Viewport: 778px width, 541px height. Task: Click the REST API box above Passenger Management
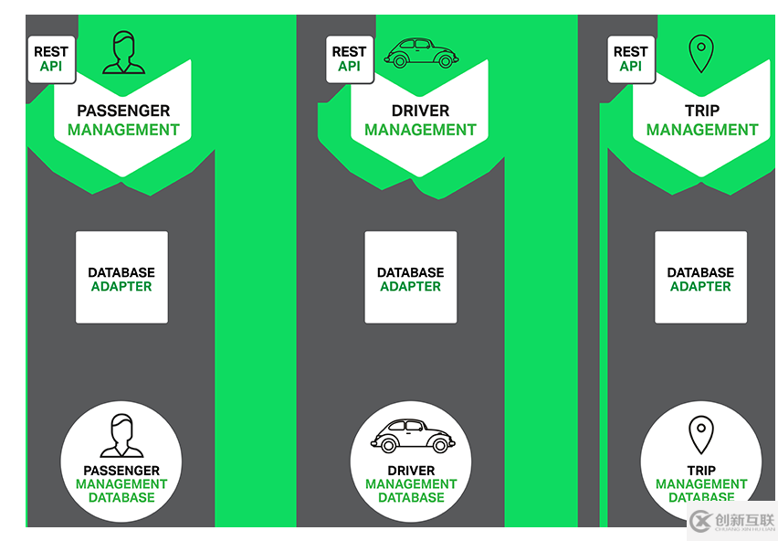[x=52, y=58]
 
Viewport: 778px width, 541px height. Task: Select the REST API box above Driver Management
[x=349, y=58]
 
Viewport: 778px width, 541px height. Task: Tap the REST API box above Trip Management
[x=630, y=58]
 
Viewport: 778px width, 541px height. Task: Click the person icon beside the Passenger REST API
[x=123, y=52]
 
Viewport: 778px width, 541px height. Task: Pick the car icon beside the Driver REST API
[x=421, y=53]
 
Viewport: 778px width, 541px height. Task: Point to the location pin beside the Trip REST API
[x=700, y=54]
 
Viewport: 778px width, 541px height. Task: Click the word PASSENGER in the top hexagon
[x=123, y=111]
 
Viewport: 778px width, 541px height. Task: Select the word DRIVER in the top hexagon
[x=420, y=111]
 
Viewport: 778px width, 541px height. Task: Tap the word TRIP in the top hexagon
[x=702, y=111]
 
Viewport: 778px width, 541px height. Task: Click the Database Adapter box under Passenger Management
[x=121, y=277]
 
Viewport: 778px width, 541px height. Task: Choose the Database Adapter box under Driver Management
[x=411, y=277]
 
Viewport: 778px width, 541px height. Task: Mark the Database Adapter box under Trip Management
[x=700, y=277]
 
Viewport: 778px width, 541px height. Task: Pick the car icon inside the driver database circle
[x=412, y=435]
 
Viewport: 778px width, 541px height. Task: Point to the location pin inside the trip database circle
[x=700, y=435]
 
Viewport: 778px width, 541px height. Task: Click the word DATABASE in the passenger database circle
[x=121, y=498]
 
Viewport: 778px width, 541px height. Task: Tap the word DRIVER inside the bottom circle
[x=412, y=471]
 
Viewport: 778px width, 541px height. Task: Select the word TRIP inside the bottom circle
[x=701, y=471]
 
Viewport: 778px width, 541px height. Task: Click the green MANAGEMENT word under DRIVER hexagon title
[x=420, y=130]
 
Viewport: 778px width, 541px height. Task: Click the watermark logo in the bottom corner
[x=731, y=520]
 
